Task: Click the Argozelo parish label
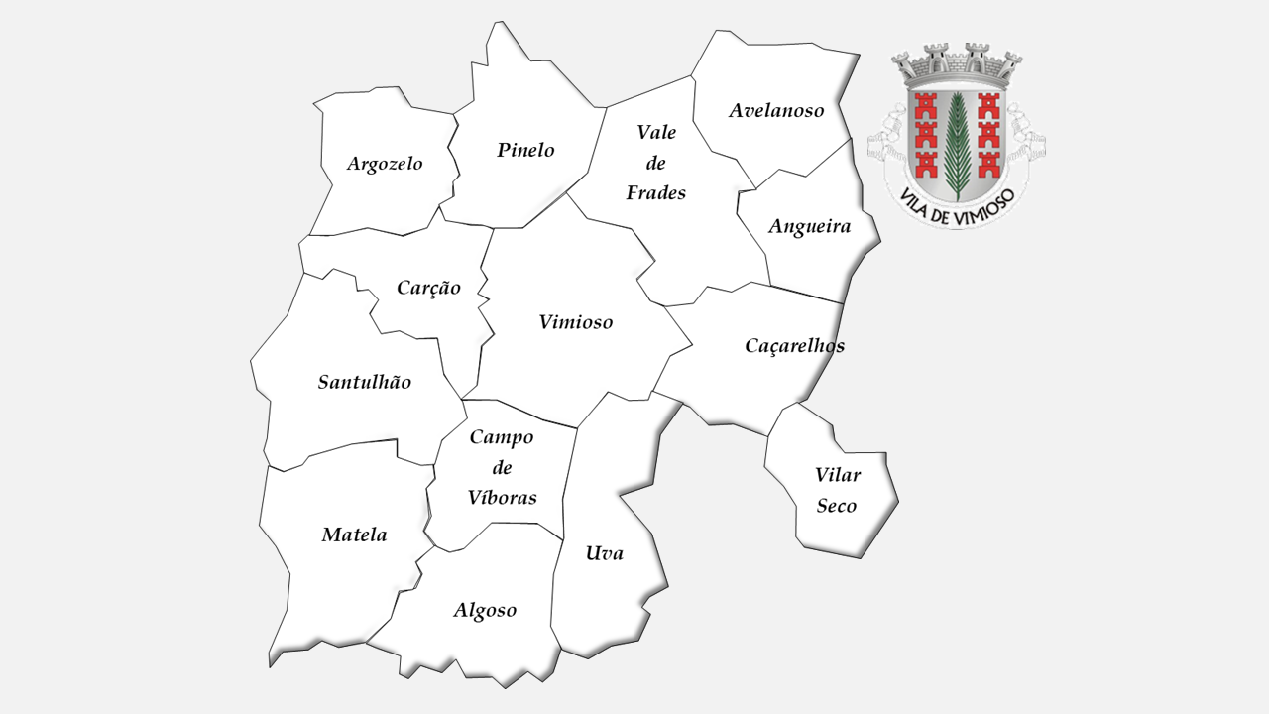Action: point(385,164)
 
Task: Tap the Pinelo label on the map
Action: point(525,151)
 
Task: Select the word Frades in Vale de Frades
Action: point(655,193)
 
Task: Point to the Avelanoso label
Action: point(776,110)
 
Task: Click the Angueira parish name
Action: point(809,226)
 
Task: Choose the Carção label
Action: point(428,288)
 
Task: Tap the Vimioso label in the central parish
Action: point(576,322)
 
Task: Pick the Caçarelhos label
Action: point(794,345)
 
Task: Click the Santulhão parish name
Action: point(364,382)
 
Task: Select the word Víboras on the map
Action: point(502,498)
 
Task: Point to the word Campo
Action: point(502,437)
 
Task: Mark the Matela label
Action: point(354,535)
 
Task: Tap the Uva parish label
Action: point(604,553)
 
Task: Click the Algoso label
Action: point(485,611)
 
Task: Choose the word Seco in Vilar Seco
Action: point(836,506)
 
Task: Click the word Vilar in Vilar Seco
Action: point(838,475)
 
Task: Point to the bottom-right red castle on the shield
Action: point(987,164)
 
